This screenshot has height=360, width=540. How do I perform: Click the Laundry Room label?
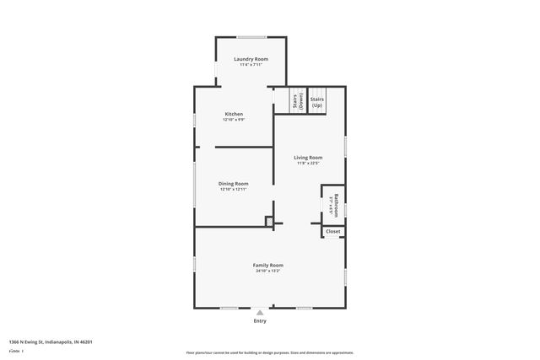pos(251,59)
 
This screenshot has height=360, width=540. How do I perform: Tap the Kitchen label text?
pos(234,114)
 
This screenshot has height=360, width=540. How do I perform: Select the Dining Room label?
pos(234,183)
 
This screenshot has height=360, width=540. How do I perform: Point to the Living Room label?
pos(308,158)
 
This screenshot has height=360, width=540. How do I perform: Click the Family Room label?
pos(267,265)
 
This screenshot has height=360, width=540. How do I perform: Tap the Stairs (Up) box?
pos(317,102)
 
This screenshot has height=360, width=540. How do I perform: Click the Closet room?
pos(333,231)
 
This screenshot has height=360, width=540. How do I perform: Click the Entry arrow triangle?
pos(260,312)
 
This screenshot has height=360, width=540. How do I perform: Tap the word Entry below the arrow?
pos(260,320)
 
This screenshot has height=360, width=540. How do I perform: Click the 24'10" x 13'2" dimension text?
pos(267,271)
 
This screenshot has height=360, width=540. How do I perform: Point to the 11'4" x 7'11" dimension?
pos(251,65)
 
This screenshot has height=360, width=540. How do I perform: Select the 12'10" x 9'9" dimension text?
pos(234,120)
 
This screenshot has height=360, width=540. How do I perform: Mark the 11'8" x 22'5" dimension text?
pos(308,164)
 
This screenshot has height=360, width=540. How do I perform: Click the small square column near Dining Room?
pos(269,222)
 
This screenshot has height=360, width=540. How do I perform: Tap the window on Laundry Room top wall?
pos(251,36)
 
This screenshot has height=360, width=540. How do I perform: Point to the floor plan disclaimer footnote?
pos(269,352)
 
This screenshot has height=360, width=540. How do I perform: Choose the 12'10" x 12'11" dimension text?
pos(234,190)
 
